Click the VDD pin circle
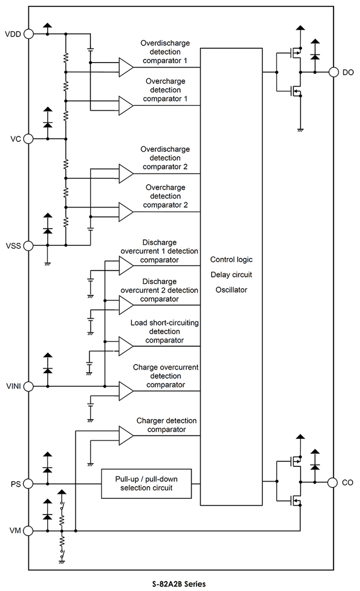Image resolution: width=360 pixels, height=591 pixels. coord(29,34)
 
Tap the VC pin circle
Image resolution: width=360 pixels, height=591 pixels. coord(29,139)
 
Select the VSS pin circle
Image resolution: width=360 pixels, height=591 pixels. coord(29,245)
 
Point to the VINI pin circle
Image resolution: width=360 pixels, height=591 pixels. coord(29,386)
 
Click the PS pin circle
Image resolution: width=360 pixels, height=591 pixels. coord(29,484)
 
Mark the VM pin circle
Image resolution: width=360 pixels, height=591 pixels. coord(29,531)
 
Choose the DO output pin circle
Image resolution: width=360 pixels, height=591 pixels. coord(333,72)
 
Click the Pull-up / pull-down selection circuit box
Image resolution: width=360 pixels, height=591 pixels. coord(146,484)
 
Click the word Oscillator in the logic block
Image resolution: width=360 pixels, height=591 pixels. coord(231,290)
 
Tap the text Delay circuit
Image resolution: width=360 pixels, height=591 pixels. coord(231,274)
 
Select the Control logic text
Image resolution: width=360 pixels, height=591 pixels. coord(231,259)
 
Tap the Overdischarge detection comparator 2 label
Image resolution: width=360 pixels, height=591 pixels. coord(164,158)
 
